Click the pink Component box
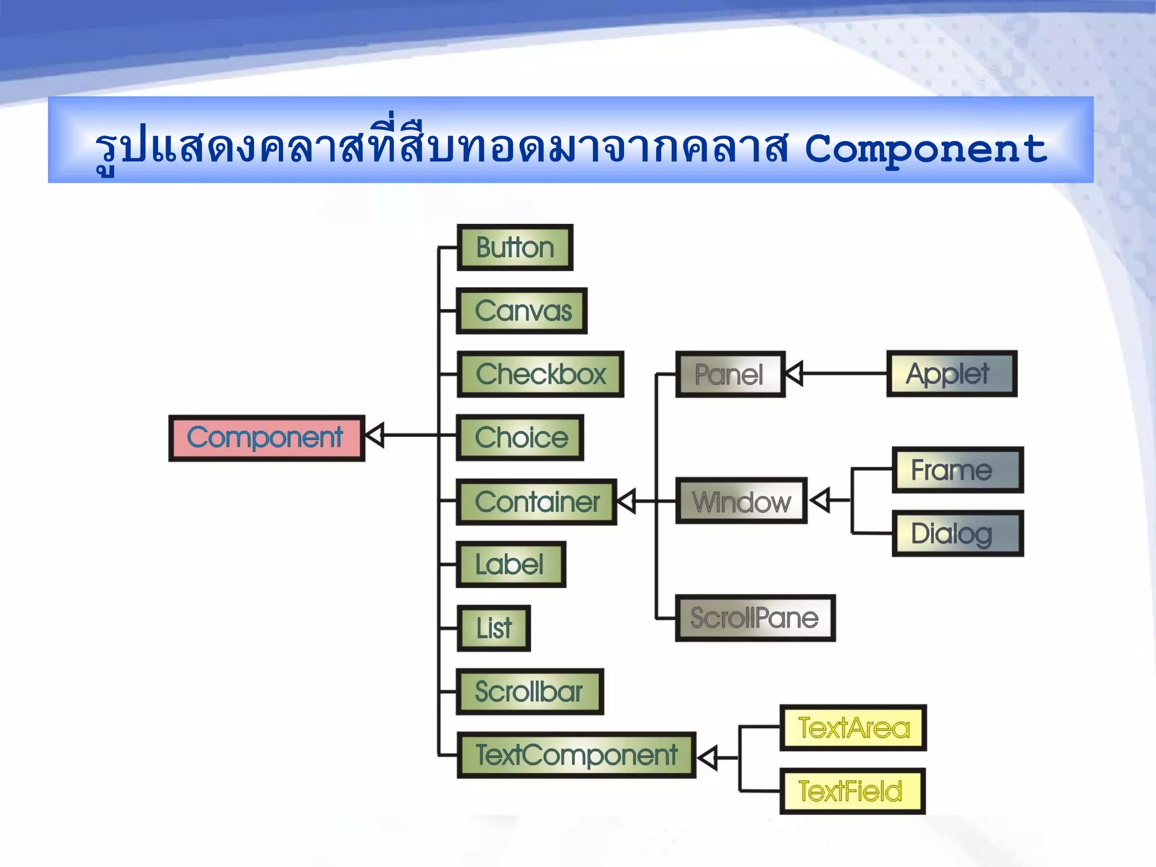pyautogui.click(x=266, y=438)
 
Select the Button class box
pyautogui.click(x=515, y=248)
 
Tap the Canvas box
pyautogui.click(x=522, y=311)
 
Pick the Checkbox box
pyautogui.click(x=540, y=374)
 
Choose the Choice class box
pyautogui.click(x=520, y=438)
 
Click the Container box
pyautogui.click(x=536, y=502)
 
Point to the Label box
pyautogui.click(x=511, y=564)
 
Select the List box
pyautogui.click(x=493, y=628)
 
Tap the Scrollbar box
pyautogui.click(x=529, y=691)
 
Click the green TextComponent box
pyautogui.click(x=576, y=755)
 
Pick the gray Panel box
pyautogui.click(x=730, y=374)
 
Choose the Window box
pyautogui.click(x=741, y=501)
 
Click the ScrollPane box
pyautogui.click(x=755, y=618)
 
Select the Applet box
pyautogui.click(x=952, y=374)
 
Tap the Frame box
pyautogui.click(x=957, y=470)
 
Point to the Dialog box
pyautogui.click(x=957, y=533)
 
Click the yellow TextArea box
pyautogui.click(x=853, y=728)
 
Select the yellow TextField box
pyautogui.click(x=852, y=791)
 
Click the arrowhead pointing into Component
pyautogui.click(x=375, y=435)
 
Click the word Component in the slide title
pyautogui.click(x=926, y=150)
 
